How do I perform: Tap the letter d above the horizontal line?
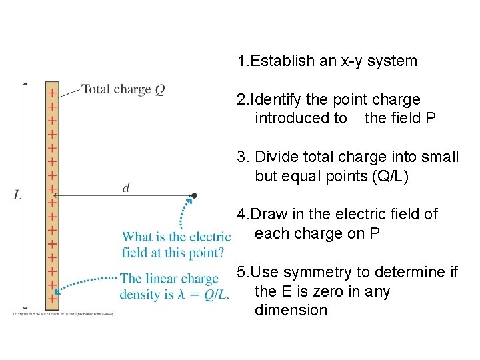tap(126, 188)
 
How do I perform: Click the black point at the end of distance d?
tap(194, 196)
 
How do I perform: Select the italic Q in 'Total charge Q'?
tap(160, 89)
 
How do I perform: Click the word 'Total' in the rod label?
tap(96, 89)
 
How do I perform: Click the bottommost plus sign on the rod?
tap(51, 299)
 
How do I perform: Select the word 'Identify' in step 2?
tap(278, 100)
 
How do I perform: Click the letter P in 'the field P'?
tap(431, 119)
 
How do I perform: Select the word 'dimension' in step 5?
tap(291, 310)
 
